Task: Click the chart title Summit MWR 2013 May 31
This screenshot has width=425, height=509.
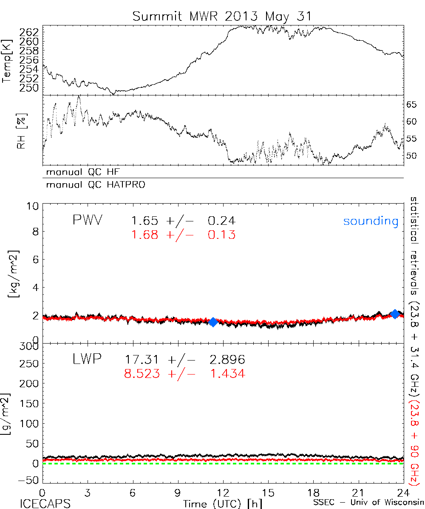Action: tap(222, 16)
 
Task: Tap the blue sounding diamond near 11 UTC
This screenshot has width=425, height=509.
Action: tap(213, 322)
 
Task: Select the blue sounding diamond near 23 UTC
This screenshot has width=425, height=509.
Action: tap(395, 314)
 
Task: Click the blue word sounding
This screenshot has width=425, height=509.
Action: tap(371, 221)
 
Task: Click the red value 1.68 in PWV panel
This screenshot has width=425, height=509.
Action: tap(145, 235)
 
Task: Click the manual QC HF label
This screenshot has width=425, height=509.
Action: tap(80, 172)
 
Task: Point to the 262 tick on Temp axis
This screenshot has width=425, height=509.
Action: tap(29, 32)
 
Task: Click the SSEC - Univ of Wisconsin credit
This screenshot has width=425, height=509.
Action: tap(368, 503)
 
